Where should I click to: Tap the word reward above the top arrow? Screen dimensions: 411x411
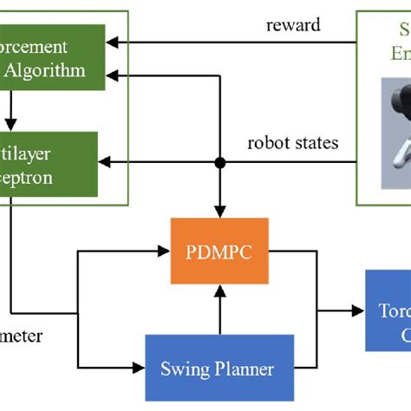tap(292, 24)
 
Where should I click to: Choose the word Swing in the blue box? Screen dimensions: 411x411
tap(186, 369)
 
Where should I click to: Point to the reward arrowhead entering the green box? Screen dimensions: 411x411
tap(111, 41)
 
